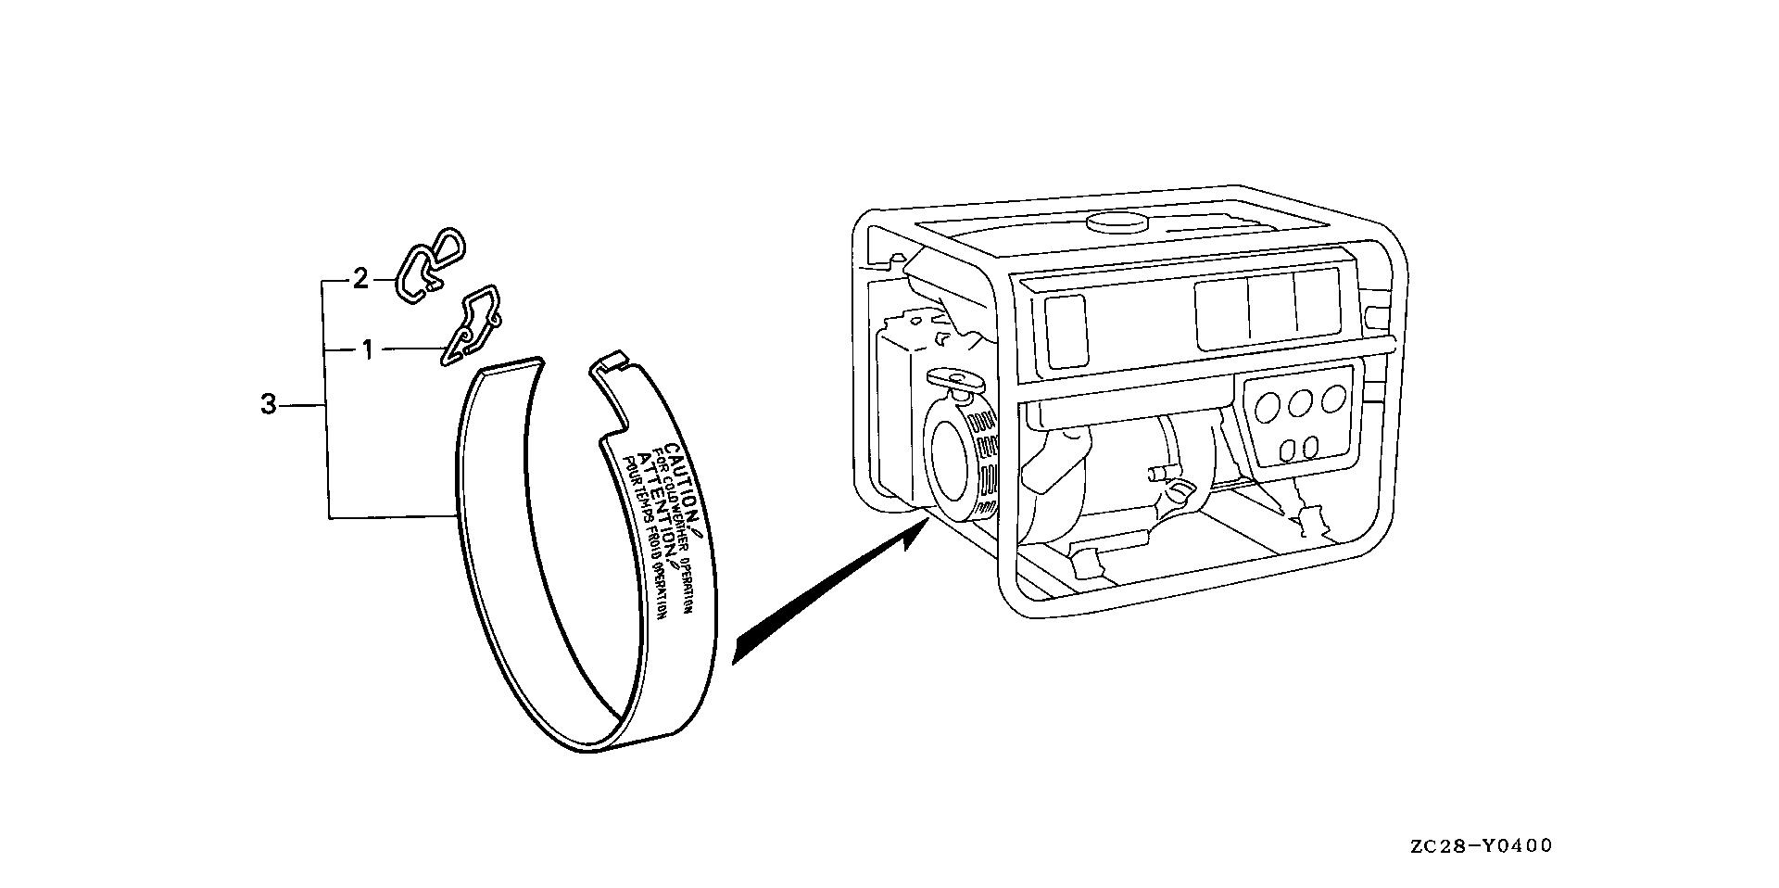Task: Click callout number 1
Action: click(367, 350)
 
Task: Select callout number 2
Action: click(360, 278)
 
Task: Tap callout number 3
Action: click(268, 405)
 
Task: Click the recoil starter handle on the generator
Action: click(954, 379)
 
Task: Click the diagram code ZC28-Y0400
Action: click(1481, 845)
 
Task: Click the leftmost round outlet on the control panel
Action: click(1269, 406)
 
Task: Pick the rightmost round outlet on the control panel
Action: click(1333, 398)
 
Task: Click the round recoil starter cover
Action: click(954, 473)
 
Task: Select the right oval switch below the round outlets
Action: click(1310, 447)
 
